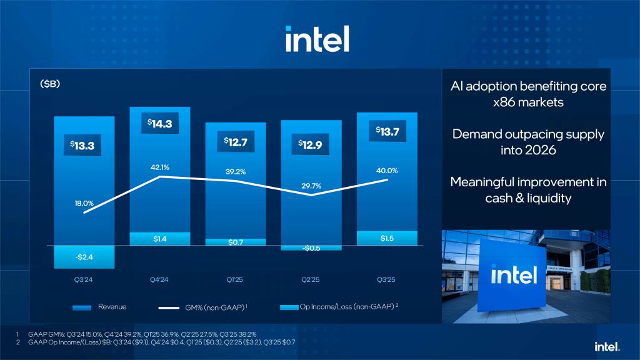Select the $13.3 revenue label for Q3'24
click(x=84, y=146)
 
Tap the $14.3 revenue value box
click(x=159, y=124)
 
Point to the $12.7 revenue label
click(x=236, y=141)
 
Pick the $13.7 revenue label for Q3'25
click(x=387, y=131)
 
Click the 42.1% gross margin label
click(x=161, y=167)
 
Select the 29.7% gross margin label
click(x=311, y=186)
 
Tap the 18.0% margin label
click(x=84, y=203)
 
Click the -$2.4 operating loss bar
click(x=84, y=257)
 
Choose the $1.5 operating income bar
click(x=387, y=238)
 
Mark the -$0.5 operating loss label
click(x=311, y=248)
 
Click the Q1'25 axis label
click(x=236, y=280)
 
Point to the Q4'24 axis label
click(x=160, y=280)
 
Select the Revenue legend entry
click(x=100, y=307)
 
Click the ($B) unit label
click(x=49, y=83)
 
